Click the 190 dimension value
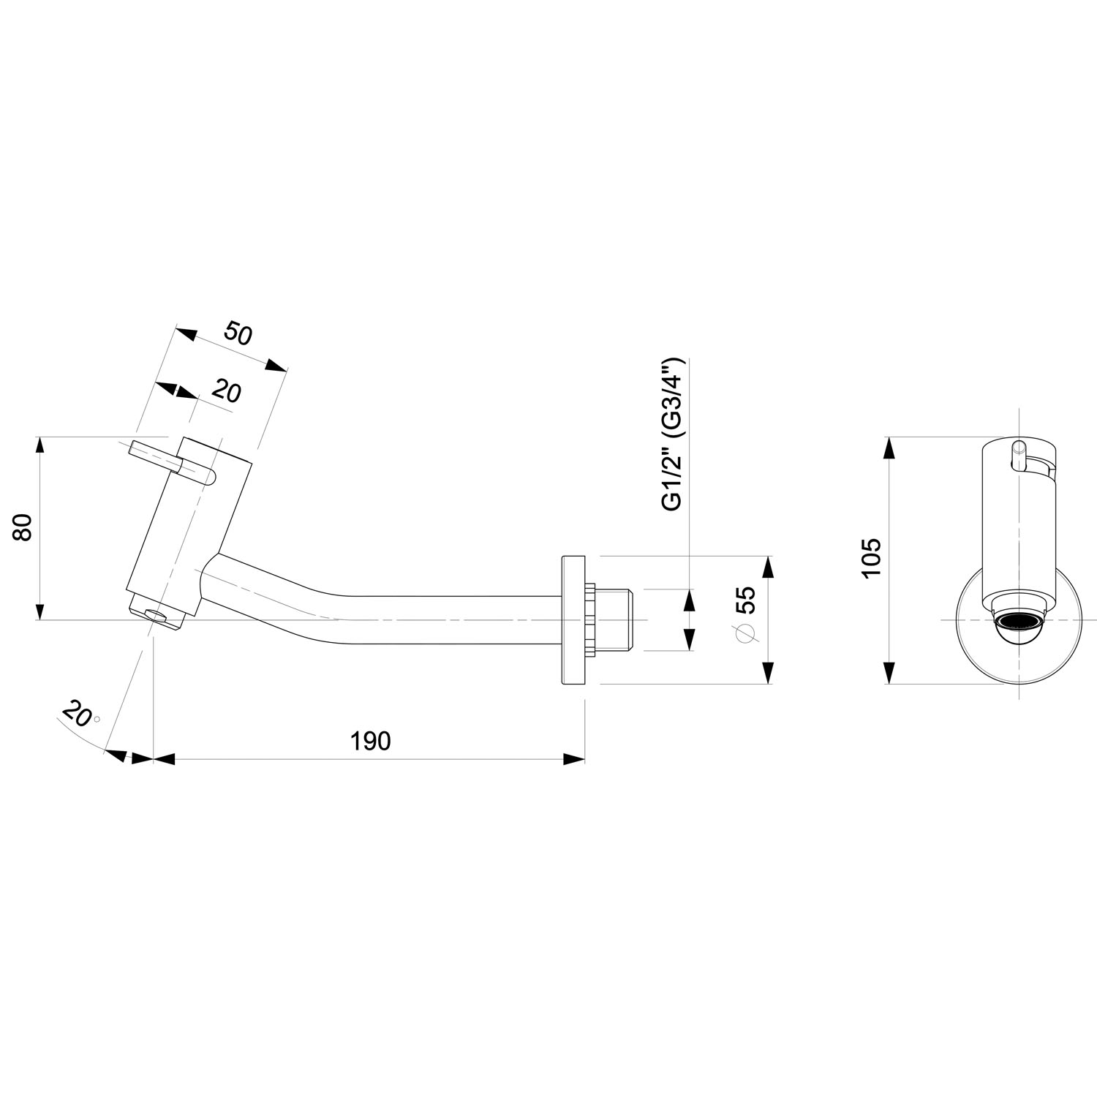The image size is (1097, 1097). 372,741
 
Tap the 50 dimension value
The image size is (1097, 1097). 238,333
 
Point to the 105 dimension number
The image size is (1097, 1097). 871,559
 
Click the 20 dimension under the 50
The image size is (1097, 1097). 226,393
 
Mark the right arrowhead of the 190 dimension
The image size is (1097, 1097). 574,759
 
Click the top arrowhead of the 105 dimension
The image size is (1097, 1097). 889,448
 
